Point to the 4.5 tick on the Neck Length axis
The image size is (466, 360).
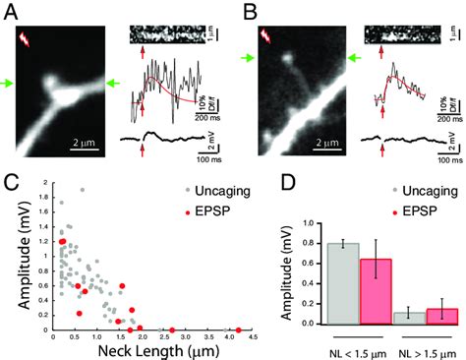pos(253,338)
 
